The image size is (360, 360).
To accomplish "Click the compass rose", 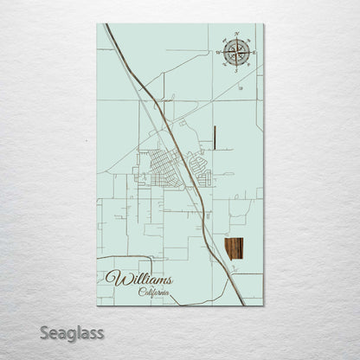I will [x=235, y=53].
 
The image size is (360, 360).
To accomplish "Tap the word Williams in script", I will [x=139, y=280].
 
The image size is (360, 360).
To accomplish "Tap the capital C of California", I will [x=141, y=292].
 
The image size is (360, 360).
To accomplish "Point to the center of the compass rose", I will [x=235, y=53].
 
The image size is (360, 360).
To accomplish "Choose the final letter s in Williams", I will [x=168, y=280].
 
